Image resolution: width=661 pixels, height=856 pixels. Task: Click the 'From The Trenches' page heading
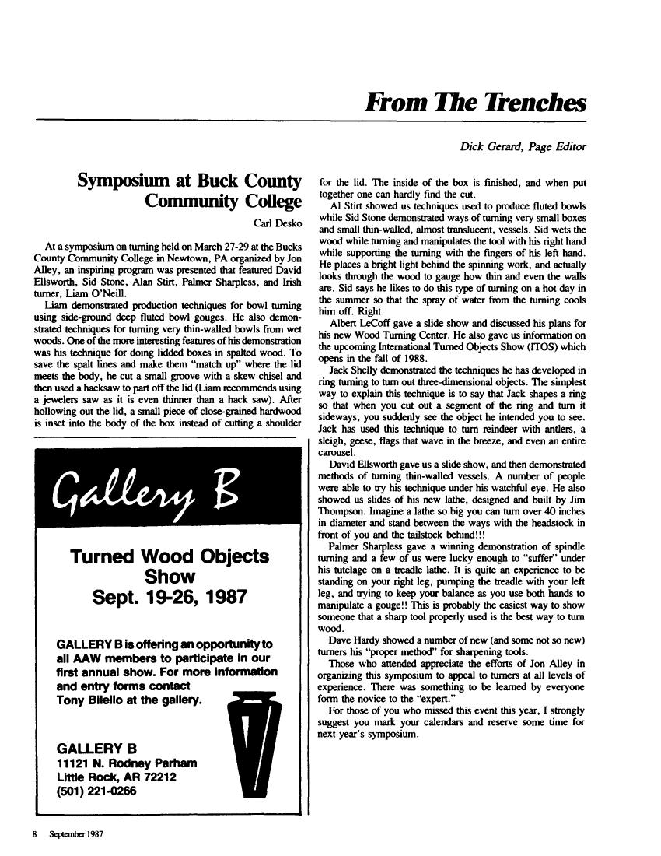pos(475,103)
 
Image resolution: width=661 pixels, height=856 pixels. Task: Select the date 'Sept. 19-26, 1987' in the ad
pos(170,598)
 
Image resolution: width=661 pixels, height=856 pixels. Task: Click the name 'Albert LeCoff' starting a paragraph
pos(361,300)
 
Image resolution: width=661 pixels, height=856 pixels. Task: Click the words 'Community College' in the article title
pos(223,204)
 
